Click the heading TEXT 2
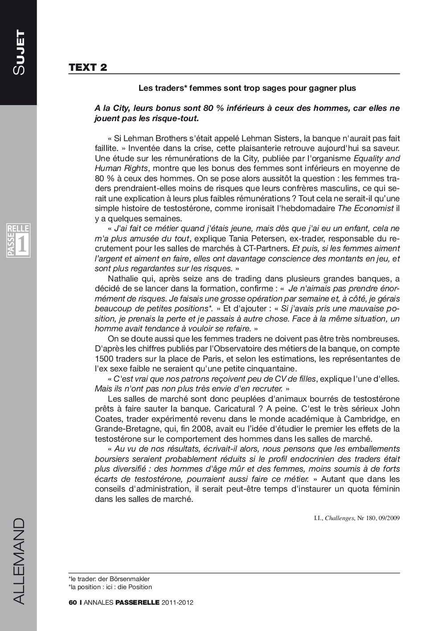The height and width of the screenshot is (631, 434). (x=88, y=67)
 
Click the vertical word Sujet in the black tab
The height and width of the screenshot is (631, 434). (x=19, y=53)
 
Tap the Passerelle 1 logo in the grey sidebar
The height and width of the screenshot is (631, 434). (x=18, y=241)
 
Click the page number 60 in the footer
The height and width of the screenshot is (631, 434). (x=73, y=603)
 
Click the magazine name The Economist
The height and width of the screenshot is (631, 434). (x=365, y=208)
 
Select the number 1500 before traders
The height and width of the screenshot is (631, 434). (x=103, y=359)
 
